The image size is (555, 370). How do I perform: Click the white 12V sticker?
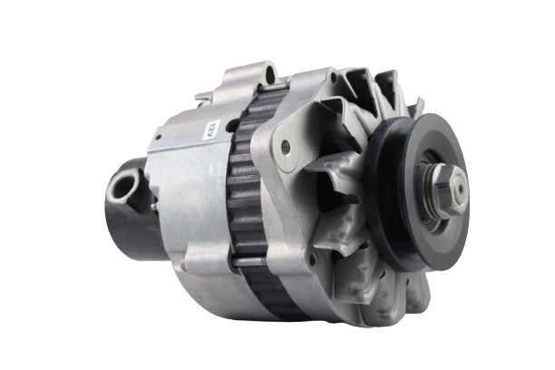(x=213, y=130)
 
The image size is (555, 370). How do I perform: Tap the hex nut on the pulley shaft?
(x=449, y=190)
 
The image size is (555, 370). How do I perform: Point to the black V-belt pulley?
(x=418, y=191)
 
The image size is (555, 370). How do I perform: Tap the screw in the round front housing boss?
(x=286, y=146)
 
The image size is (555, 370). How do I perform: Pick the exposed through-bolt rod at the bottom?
(x=248, y=261)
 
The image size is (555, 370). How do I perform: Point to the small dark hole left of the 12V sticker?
(x=159, y=137)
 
